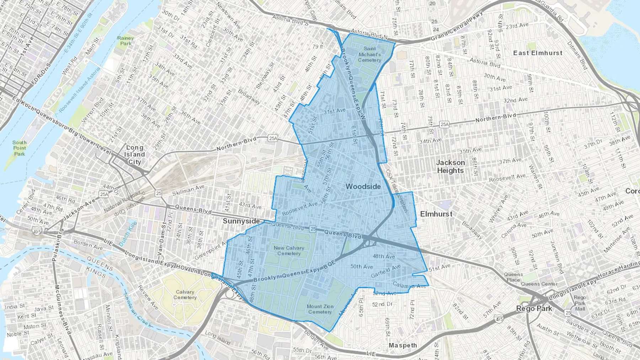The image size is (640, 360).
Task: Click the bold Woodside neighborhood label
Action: coord(363,187)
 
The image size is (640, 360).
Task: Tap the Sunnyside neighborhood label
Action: coord(241,221)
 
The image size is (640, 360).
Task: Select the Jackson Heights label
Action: coord(450,166)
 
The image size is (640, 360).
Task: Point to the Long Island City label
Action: coord(134,155)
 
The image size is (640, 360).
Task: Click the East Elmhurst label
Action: coord(538,53)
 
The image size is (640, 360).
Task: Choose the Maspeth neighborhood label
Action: coord(402,345)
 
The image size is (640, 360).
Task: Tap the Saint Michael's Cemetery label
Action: coord(369,54)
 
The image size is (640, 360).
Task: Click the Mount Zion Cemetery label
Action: coord(320,309)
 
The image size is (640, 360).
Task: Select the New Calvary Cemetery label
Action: coord(289,251)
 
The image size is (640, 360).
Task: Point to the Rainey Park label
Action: coord(126,41)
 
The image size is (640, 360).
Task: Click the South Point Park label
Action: coord(20,148)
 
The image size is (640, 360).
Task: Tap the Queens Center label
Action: coord(539,284)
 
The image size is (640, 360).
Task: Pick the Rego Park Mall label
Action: coord(580,303)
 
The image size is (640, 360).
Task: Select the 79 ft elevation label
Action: coord(318,47)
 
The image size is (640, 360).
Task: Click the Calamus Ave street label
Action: coord(409,285)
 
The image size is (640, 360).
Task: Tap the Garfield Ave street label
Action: coord(385,271)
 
